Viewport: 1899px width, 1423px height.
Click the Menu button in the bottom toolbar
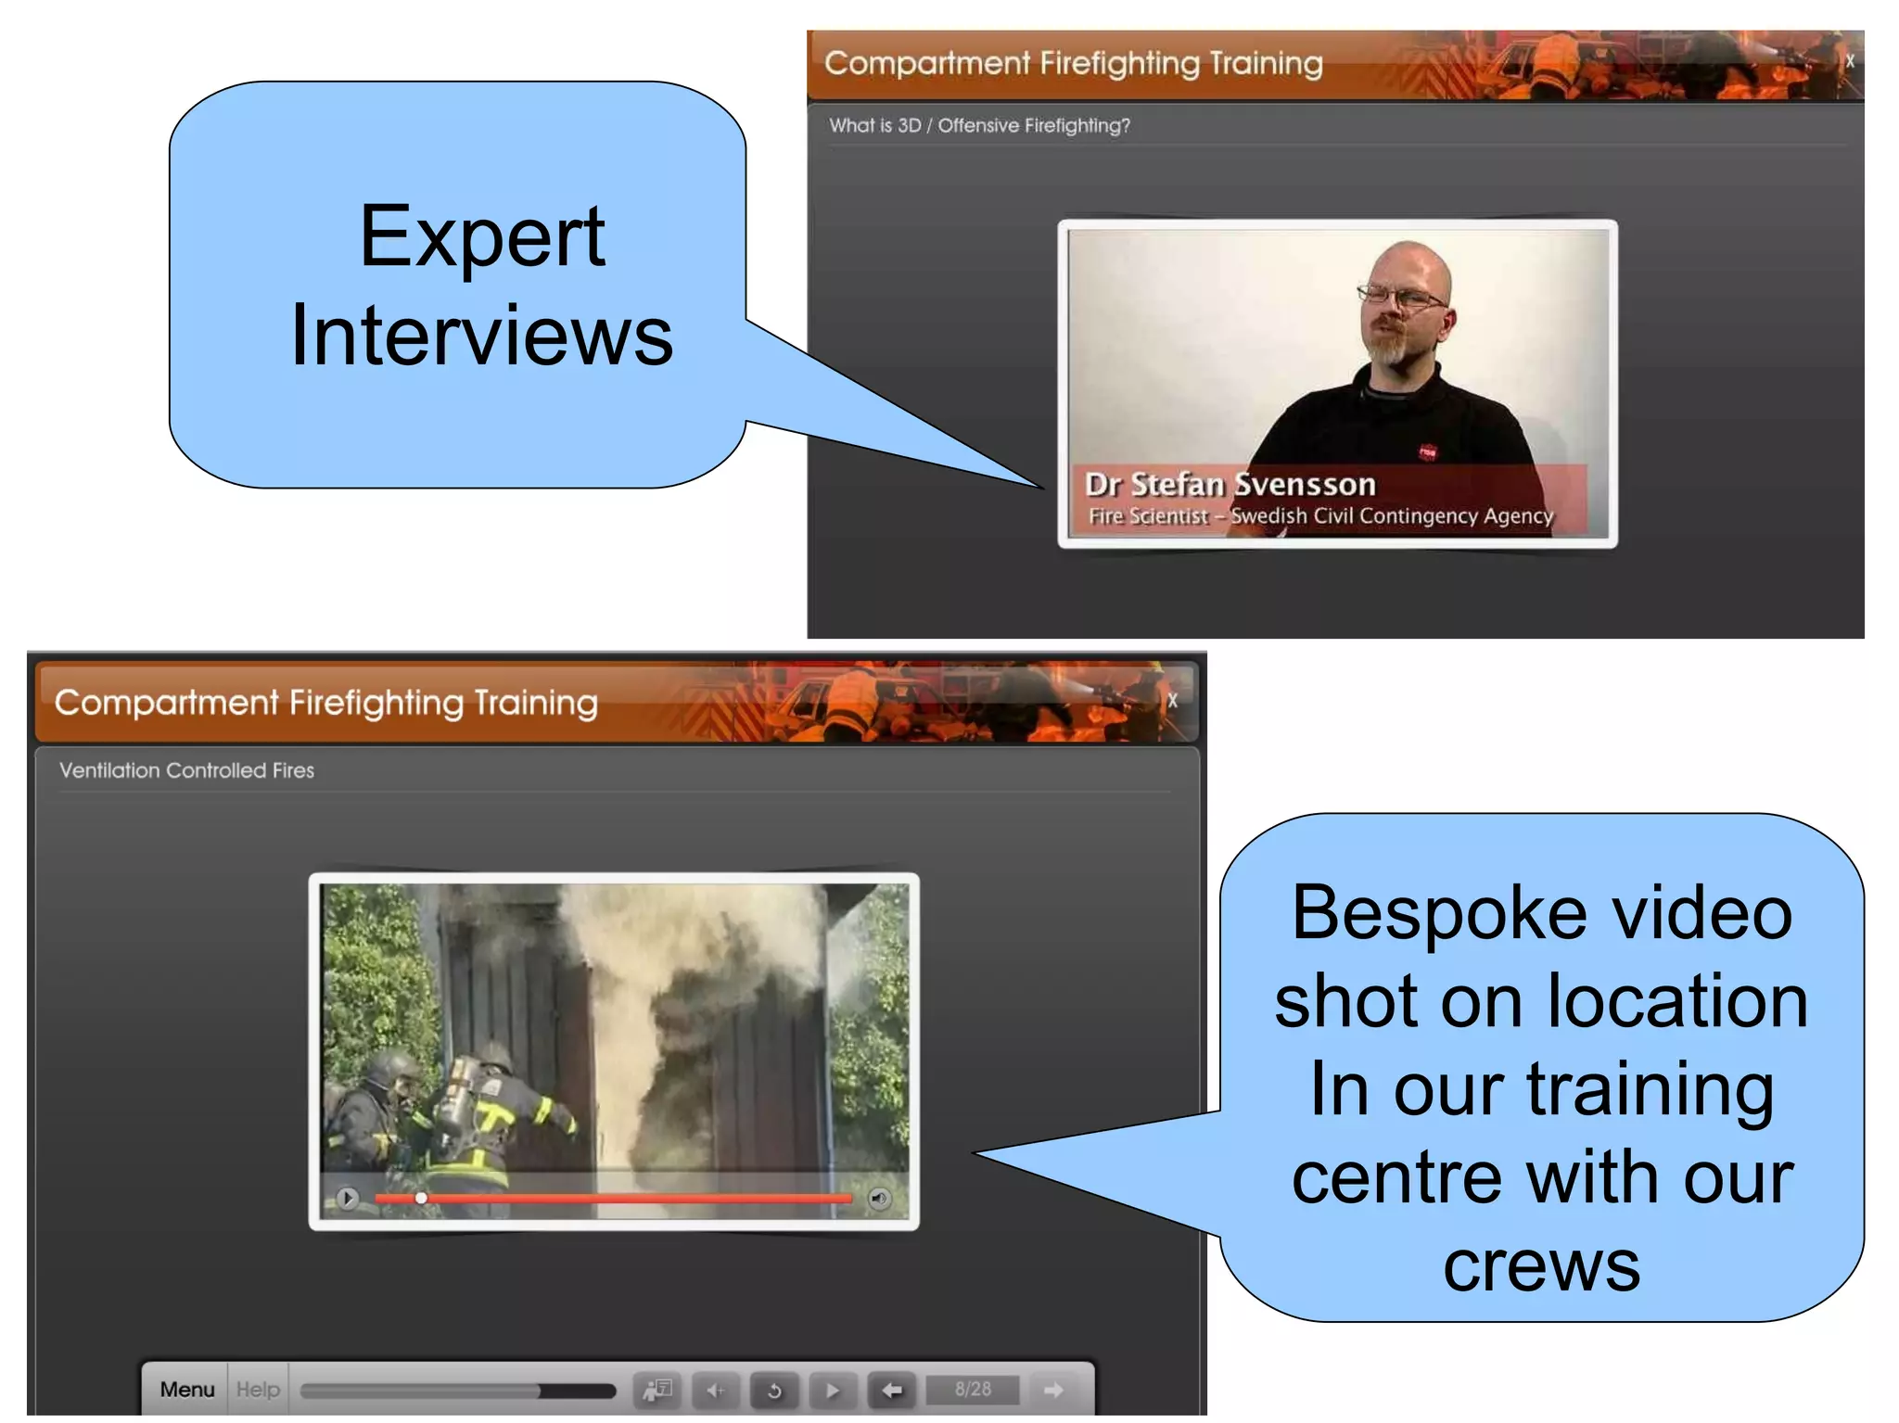coord(186,1389)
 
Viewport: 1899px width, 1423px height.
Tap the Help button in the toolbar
coord(258,1389)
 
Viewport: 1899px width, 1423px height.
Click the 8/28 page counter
coord(973,1389)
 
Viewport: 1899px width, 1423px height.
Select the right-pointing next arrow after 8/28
coord(1053,1389)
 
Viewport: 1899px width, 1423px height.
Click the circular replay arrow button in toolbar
coord(774,1390)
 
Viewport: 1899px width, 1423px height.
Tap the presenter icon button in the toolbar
coord(657,1390)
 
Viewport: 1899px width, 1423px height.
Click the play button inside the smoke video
coord(348,1198)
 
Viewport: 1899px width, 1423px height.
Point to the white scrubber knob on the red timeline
coord(421,1198)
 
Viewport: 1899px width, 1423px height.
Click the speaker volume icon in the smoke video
coord(879,1198)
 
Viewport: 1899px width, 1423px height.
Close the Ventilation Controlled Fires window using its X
coord(1173,701)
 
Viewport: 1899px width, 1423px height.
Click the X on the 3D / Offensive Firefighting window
coord(1849,61)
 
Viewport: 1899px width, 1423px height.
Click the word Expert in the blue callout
coord(482,236)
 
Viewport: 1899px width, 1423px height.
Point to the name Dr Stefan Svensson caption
coord(1230,484)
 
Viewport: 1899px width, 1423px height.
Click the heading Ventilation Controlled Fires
coord(186,769)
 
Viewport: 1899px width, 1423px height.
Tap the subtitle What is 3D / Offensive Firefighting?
coord(979,125)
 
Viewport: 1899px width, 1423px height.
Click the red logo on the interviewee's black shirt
coord(1427,451)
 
